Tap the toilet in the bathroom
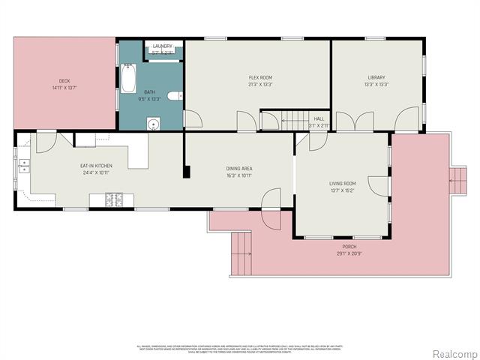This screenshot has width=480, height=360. tap(173, 95)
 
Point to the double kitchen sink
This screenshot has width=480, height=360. tap(25, 166)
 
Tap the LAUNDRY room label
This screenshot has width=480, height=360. tap(163, 46)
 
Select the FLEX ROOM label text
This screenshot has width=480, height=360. tap(260, 77)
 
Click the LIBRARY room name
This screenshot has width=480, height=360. tap(376, 77)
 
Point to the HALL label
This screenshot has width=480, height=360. tap(319, 118)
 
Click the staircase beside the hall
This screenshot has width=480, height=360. tap(284, 120)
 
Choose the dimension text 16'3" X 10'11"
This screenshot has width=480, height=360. tap(239, 175)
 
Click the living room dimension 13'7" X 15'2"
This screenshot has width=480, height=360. tap(342, 190)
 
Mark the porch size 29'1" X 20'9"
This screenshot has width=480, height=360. tap(349, 253)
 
